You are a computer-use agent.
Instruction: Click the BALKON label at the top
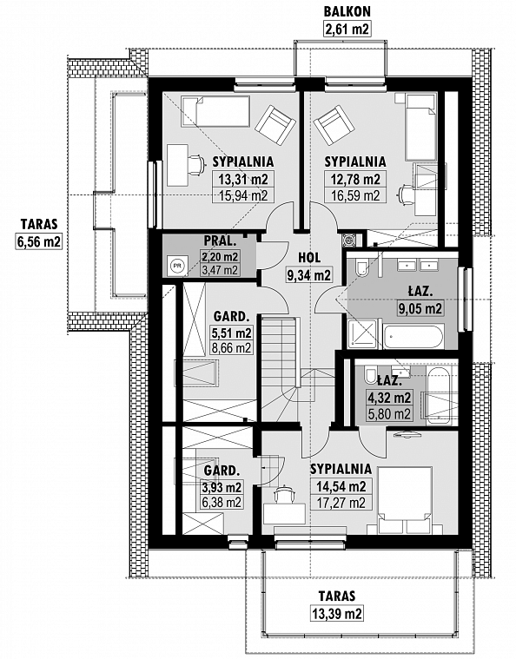[x=347, y=11]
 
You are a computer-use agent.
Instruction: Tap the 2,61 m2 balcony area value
[x=347, y=29]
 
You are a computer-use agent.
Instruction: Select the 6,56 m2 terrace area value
[x=39, y=241]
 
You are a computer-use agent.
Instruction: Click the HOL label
[x=309, y=258]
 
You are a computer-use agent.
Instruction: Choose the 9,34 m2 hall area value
[x=309, y=275]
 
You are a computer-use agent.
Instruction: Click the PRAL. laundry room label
[x=220, y=241]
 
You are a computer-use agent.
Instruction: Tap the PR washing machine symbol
[x=177, y=266]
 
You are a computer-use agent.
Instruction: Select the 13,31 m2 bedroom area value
[x=243, y=180]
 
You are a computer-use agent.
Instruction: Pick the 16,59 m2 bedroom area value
[x=355, y=195]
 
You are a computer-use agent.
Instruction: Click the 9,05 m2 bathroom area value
[x=420, y=309]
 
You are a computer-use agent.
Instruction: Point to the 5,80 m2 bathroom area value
[x=389, y=414]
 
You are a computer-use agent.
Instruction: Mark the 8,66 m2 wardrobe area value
[x=232, y=348]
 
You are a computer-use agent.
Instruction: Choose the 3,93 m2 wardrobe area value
[x=222, y=487]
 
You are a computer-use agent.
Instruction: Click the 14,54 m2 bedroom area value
[x=341, y=486]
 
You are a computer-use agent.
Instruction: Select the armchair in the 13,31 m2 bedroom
[x=275, y=125]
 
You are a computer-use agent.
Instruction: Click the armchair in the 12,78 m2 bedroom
[x=334, y=125]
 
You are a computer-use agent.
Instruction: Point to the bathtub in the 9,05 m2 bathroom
[x=413, y=336]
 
